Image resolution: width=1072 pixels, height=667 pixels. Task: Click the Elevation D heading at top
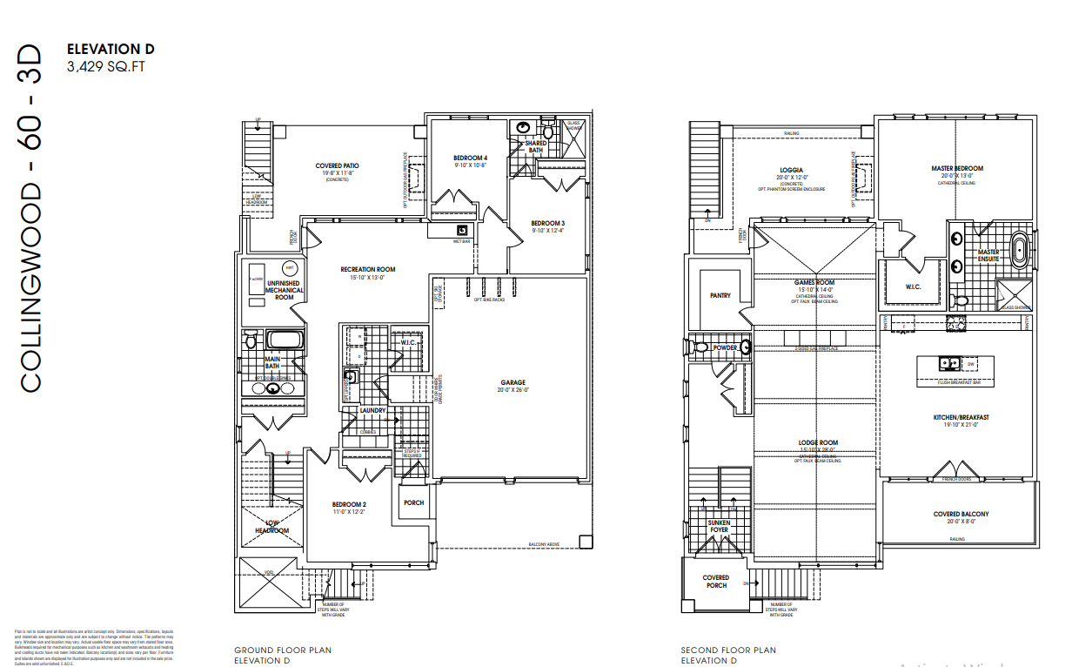tap(111, 50)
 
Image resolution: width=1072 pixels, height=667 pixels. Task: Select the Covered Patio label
tap(337, 165)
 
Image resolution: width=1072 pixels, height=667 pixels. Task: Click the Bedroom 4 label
tap(470, 158)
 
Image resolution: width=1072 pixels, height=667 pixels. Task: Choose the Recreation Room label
tap(367, 270)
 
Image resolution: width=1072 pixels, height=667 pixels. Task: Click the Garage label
tap(513, 382)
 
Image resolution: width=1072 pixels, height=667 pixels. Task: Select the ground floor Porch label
tap(412, 502)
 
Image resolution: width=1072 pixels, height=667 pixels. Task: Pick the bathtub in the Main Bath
tap(285, 340)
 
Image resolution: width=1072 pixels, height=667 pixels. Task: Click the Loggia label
tap(791, 170)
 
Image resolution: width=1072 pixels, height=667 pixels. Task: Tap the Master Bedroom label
tap(957, 168)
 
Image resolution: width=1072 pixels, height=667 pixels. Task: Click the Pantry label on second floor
tap(720, 296)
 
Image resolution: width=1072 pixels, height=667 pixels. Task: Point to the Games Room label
tap(814, 283)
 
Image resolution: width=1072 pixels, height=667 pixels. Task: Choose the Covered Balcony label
tap(961, 514)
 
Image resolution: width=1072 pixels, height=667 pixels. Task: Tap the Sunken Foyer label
tap(718, 525)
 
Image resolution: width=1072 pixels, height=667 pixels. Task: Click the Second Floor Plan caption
tap(728, 650)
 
